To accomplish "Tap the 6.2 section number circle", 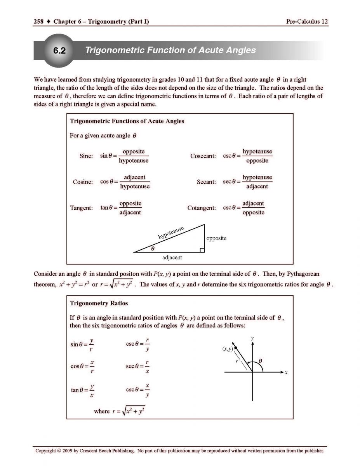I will click(59, 51).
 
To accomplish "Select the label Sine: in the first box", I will click(86, 156).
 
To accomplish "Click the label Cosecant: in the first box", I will click(203, 156).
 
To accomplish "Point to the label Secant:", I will click(206, 182).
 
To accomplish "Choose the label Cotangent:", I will click(202, 208).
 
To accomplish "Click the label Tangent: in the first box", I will click(82, 208).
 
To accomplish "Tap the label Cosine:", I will click(83, 182).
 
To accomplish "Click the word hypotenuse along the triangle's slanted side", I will click(171, 232).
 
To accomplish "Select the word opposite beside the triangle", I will click(216, 238).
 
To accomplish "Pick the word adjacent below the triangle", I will click(172, 257).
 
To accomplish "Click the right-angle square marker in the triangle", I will click(202, 250).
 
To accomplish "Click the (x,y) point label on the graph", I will click(227, 349).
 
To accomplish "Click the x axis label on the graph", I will click(286, 372).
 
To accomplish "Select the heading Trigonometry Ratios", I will click(99, 303).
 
